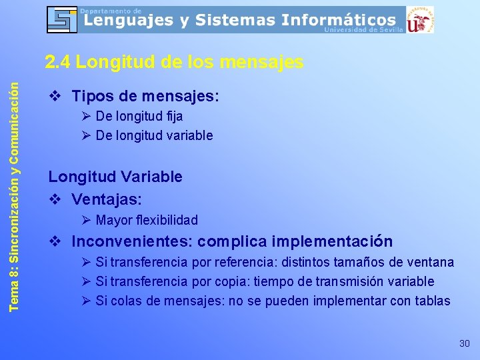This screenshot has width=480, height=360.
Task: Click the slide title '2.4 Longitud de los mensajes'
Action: [174, 63]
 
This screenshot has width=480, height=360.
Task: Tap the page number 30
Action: [464, 343]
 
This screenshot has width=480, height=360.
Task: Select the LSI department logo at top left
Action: [62, 19]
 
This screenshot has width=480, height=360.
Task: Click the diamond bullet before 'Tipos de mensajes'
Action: [55, 96]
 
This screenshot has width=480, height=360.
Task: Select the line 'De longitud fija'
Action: [139, 116]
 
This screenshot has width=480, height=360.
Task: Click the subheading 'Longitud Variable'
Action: [115, 177]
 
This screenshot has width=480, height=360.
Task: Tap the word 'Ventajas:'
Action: [107, 199]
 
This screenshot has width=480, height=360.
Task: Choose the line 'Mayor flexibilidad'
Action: [147, 220]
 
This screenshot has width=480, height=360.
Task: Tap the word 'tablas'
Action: [432, 301]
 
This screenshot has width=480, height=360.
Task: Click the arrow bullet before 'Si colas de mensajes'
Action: [85, 301]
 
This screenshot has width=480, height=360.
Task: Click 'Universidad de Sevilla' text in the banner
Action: [363, 30]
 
